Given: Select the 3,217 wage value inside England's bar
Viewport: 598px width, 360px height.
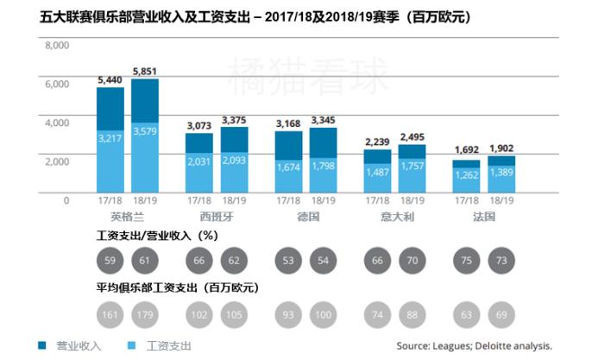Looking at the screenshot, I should [110, 137].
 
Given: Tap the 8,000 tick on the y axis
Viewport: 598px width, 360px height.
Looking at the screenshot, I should [56, 46].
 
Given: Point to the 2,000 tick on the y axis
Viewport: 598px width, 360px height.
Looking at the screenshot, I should [56, 161].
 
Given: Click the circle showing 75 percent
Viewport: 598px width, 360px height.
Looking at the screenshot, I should [467, 258].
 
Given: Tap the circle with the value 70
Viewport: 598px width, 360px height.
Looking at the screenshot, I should [413, 258].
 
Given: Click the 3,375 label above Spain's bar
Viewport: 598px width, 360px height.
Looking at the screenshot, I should [235, 120].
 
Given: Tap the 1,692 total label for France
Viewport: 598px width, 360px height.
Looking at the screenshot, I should [467, 148].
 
